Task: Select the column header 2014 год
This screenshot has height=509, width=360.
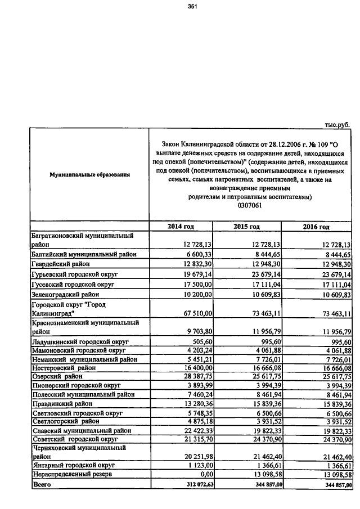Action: (181, 227)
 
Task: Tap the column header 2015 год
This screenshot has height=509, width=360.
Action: (246, 227)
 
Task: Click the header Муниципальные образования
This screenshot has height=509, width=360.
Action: (89, 175)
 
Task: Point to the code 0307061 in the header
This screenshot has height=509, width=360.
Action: (250, 206)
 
